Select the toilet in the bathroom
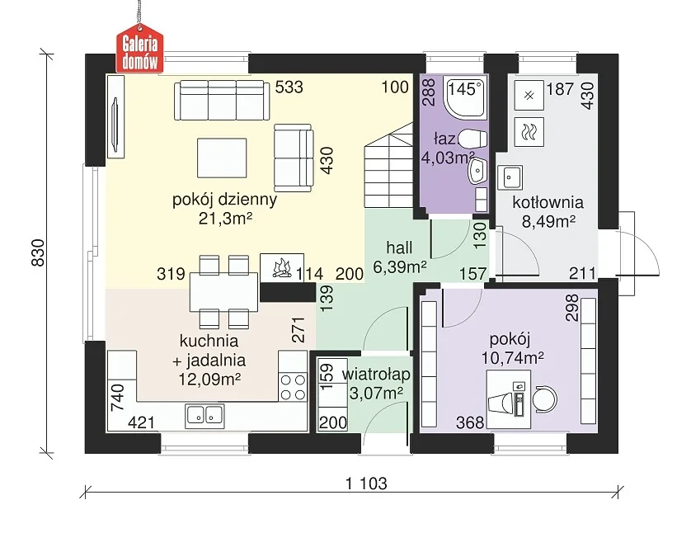coord(473,139)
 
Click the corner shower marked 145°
coord(466,98)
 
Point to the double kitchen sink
coord(204,415)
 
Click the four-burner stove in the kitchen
coord(293,387)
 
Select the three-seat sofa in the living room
coord(222,100)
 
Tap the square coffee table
coord(222,158)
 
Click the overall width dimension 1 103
coord(366,483)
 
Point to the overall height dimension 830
coord(38,252)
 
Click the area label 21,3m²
coord(225,218)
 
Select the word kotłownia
coord(548,202)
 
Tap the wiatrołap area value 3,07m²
coord(376,393)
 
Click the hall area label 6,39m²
coord(399,266)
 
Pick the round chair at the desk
coord(545,399)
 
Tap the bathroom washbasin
coord(477,171)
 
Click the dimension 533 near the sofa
coord(289,87)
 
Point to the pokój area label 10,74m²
coord(513,357)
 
